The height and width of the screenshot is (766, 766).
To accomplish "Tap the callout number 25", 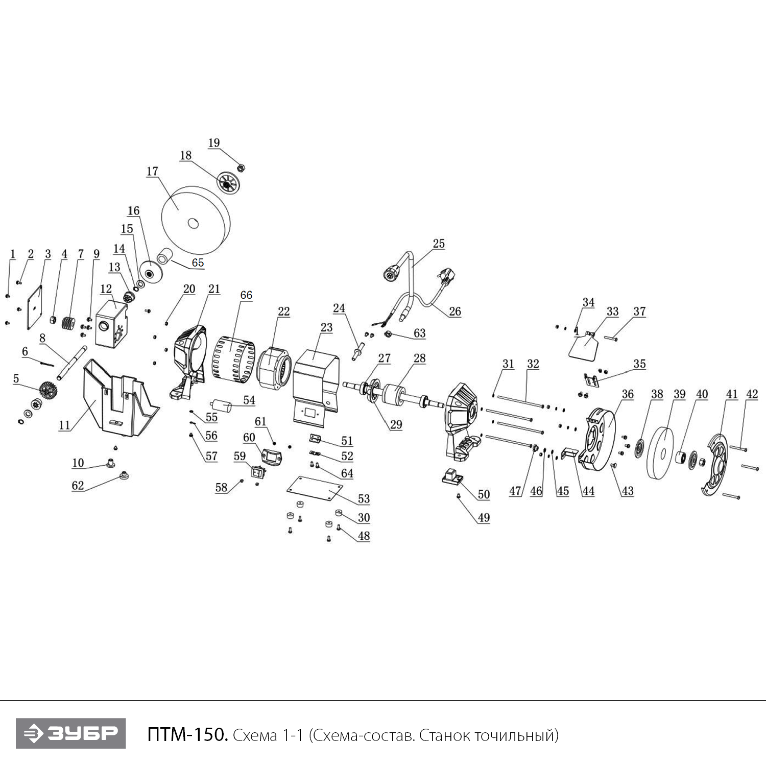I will (439, 244).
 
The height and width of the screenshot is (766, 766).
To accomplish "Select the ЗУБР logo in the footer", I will (70, 733).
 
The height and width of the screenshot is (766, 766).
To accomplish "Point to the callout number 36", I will (628, 394).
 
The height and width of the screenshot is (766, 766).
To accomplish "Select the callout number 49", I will (484, 518).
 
